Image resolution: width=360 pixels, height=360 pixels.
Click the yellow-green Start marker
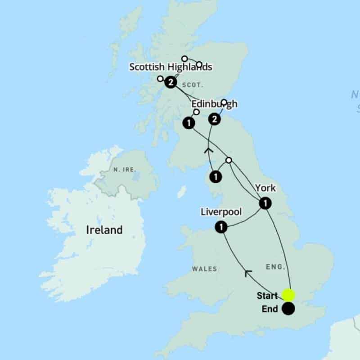click(288, 295)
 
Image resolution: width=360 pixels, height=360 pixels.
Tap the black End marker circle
click(288, 309)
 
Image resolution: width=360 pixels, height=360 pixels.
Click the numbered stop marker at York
click(265, 204)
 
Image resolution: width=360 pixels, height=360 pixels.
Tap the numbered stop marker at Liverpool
click(220, 228)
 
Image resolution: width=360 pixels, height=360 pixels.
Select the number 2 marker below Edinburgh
click(215, 119)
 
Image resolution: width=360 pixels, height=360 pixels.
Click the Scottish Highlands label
click(171, 67)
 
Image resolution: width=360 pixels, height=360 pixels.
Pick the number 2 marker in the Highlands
click(171, 82)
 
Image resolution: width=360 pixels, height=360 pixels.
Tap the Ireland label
click(104, 230)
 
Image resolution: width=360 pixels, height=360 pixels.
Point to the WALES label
click(204, 269)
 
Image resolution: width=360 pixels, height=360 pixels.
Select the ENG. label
click(275, 267)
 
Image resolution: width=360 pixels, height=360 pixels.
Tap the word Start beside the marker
click(267, 296)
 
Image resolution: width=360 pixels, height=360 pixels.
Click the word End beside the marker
click(270, 310)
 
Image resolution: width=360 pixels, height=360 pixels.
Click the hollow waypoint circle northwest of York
click(229, 160)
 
